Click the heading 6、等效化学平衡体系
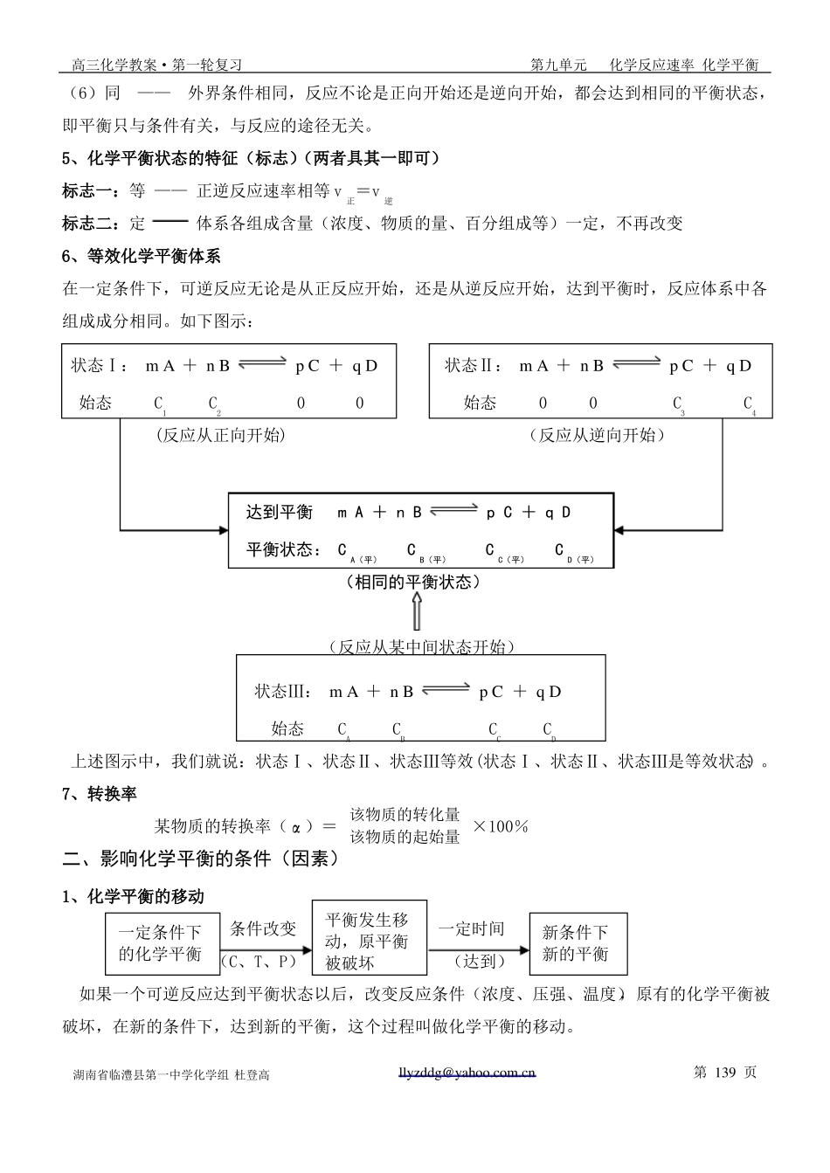142,256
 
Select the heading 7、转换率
100,794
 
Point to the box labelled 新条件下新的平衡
578,944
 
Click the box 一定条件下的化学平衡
160,944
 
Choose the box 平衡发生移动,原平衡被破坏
369,942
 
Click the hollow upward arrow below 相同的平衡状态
417,611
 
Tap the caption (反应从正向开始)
220,435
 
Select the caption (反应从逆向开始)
598,435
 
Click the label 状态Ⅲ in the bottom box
282,692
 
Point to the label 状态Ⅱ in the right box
473,366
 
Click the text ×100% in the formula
501,826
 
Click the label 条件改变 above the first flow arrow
263,929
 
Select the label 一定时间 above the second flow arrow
471,929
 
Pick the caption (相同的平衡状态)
415,582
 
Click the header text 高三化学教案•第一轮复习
156,65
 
